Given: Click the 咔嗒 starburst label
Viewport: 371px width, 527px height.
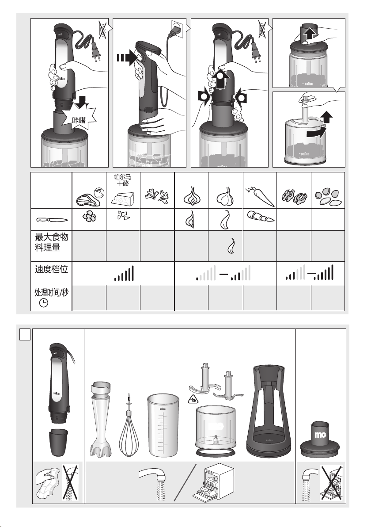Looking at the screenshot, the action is click(x=79, y=119).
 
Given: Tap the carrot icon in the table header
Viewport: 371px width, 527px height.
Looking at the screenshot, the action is click(x=260, y=197).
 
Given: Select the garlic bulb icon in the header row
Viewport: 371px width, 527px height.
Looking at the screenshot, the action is click(x=225, y=196).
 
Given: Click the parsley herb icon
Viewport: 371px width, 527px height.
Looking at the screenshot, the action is click(x=157, y=196).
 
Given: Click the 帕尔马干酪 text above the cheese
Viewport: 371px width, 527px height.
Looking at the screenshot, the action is click(x=122, y=180).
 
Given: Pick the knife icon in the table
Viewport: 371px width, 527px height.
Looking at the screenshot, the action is click(x=53, y=220).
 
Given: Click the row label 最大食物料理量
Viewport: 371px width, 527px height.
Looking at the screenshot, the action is click(x=52, y=242).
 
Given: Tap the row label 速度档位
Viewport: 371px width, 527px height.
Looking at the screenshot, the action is click(x=51, y=269).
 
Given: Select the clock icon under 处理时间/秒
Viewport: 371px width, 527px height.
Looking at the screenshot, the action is click(x=44, y=303).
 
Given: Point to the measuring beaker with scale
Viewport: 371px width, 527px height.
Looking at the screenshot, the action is click(x=163, y=425).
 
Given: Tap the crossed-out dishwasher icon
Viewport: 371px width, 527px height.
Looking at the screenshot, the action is click(x=331, y=483).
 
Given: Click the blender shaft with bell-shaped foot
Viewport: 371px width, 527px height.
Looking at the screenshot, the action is click(x=101, y=420).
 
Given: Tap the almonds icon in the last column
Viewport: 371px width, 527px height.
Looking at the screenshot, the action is click(x=328, y=198).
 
